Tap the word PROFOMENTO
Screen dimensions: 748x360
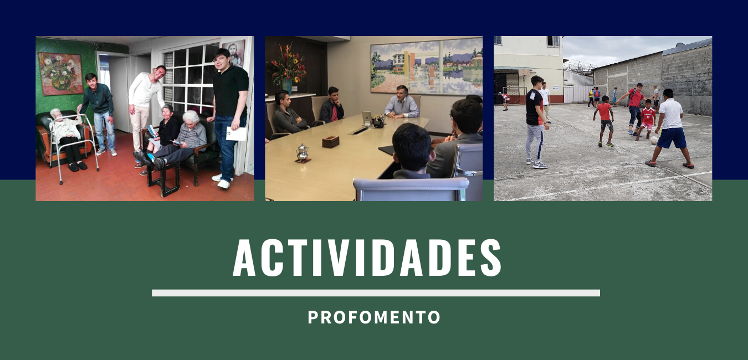374,317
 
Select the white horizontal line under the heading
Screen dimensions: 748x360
376,293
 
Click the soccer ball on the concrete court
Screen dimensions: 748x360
654,140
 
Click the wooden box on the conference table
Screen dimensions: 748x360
331,141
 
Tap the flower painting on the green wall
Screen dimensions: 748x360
60,74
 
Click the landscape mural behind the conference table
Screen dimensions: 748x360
427,68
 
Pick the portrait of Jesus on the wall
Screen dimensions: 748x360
234,53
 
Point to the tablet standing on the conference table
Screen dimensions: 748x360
366,118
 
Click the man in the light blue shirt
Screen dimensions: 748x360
401,102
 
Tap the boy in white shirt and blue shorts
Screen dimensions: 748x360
670,128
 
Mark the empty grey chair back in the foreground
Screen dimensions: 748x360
411,189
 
